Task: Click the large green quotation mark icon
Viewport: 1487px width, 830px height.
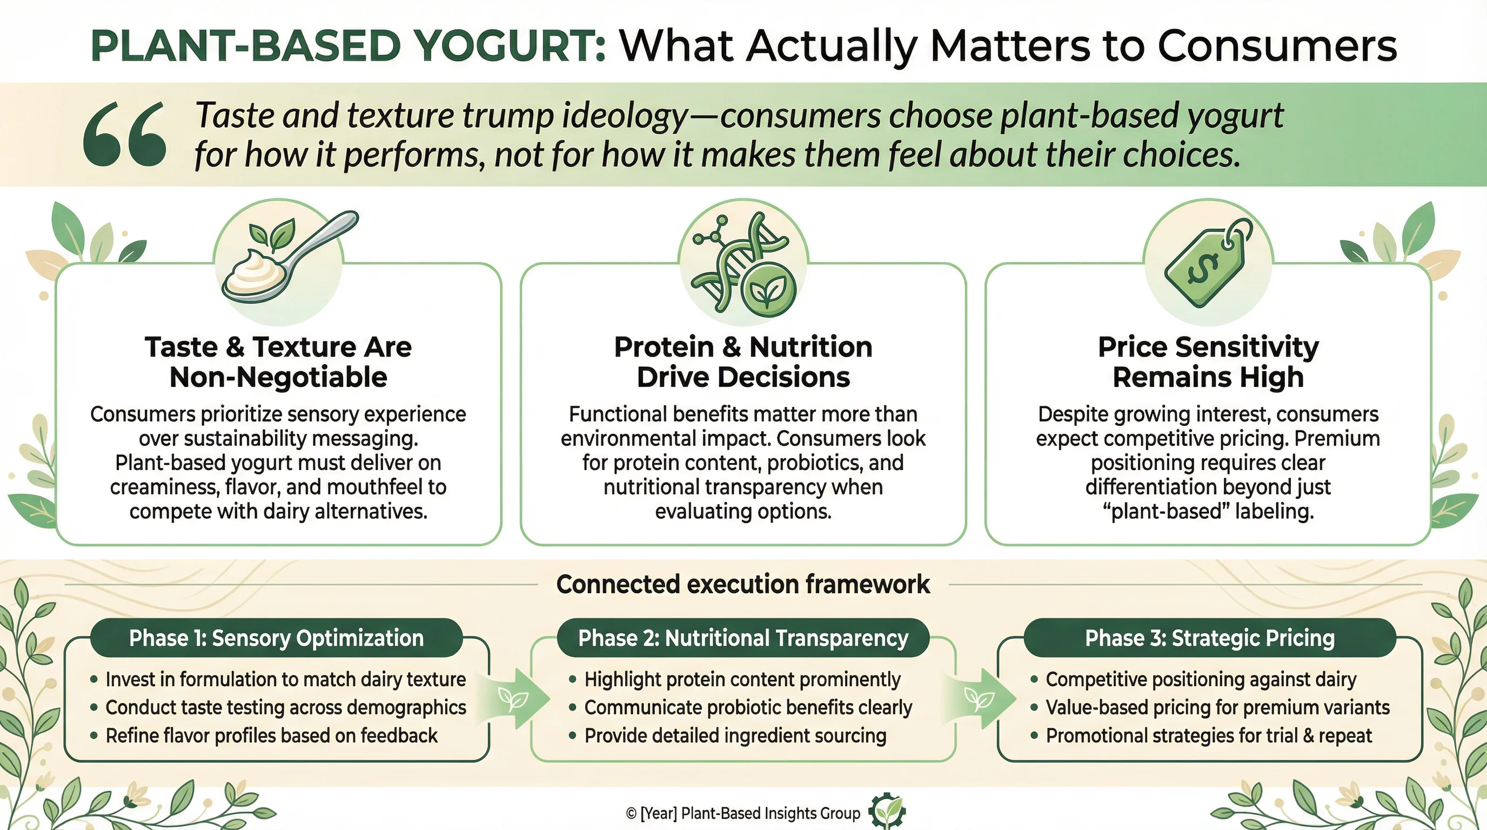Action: coord(125,134)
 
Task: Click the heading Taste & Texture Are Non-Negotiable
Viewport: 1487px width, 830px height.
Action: coord(278,362)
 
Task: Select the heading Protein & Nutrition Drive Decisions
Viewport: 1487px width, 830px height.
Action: coord(744,362)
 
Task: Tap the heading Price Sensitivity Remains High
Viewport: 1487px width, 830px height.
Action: coord(1208,362)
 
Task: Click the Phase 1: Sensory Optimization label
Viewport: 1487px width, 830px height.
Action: coord(277,638)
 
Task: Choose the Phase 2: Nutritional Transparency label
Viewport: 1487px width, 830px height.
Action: coord(743,638)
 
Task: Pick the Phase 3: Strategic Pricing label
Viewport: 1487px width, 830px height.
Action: coord(1210,638)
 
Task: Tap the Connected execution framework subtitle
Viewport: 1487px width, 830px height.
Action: coord(743,584)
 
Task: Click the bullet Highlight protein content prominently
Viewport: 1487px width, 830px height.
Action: coord(742,679)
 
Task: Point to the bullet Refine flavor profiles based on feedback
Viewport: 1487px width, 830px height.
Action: coord(271,735)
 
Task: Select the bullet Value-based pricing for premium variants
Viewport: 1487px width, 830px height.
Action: coord(1217,707)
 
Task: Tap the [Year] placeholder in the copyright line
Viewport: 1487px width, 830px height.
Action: coord(659,813)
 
